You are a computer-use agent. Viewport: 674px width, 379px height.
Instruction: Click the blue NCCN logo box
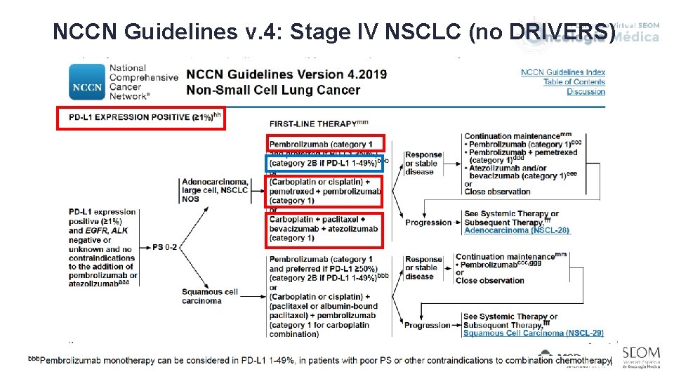[x=88, y=82]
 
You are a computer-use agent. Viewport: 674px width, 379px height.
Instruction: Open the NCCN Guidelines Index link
[x=563, y=72]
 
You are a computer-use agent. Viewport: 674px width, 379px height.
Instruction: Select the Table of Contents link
[x=574, y=82]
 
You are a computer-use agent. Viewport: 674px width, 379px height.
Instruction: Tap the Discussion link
[x=586, y=92]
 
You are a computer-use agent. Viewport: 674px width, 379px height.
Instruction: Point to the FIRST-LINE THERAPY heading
[x=314, y=124]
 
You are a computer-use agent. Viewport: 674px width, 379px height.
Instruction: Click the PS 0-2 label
[x=165, y=247]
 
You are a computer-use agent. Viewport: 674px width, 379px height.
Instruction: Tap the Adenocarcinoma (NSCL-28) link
[x=517, y=230]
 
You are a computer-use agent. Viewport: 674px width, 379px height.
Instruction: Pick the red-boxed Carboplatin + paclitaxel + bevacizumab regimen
[x=324, y=229]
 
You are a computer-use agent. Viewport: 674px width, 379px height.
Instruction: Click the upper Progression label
[x=428, y=222]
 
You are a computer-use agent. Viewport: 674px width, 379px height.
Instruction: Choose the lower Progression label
[x=427, y=326]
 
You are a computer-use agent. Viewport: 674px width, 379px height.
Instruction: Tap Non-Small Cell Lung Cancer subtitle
[x=273, y=90]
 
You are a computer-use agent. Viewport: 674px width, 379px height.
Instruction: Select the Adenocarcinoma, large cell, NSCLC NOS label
[x=214, y=189]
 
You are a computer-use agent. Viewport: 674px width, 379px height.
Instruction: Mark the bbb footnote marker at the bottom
[x=34, y=359]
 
